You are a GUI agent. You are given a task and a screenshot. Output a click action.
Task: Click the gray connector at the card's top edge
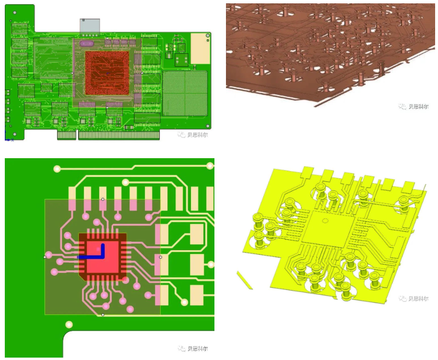click(90, 26)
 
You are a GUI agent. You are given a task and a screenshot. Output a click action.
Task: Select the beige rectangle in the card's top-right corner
click(200, 48)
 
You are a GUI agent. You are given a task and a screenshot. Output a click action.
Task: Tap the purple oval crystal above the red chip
click(87, 44)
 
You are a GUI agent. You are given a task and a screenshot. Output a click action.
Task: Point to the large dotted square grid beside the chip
click(185, 93)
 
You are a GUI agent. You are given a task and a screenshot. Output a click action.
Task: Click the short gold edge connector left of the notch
click(67, 135)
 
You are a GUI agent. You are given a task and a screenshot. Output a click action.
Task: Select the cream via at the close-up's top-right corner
click(210, 166)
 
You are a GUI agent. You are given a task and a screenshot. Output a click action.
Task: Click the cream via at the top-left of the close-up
click(57, 168)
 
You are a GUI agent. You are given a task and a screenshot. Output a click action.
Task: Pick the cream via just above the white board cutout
click(69, 325)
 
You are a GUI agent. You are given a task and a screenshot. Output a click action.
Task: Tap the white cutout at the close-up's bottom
click(139, 344)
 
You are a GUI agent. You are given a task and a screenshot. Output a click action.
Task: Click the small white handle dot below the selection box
click(103, 315)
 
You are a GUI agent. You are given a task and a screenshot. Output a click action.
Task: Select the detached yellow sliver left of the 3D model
click(244, 280)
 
